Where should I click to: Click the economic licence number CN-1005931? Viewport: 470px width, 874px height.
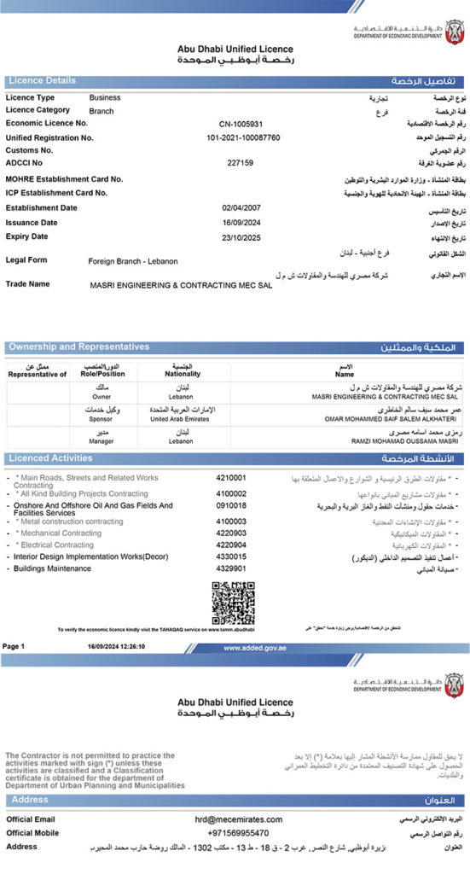241,123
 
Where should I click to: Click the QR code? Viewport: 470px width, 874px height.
233,603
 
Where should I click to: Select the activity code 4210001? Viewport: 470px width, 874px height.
231,478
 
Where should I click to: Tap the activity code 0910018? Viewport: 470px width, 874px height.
231,506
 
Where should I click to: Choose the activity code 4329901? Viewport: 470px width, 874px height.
231,568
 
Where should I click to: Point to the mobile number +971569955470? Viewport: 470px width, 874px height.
238,833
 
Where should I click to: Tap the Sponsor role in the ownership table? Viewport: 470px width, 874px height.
102,419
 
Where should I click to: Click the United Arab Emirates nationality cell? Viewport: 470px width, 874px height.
182,419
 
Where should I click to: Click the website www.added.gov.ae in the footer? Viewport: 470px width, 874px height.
254,648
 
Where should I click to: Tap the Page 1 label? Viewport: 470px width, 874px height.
14,647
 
